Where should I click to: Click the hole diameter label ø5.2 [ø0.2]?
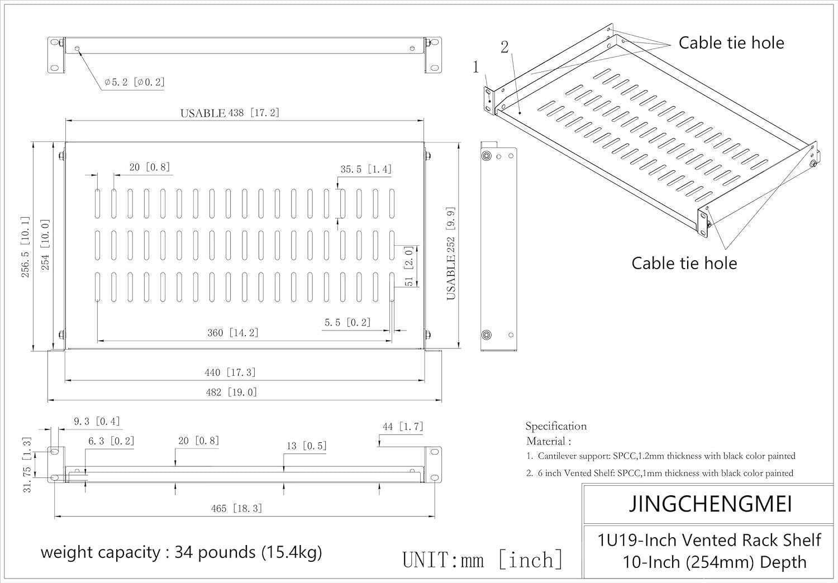tap(134, 82)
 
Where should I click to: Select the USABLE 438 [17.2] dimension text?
tap(230, 113)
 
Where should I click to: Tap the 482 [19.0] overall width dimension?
tap(231, 392)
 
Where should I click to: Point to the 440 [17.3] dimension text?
tap(230, 372)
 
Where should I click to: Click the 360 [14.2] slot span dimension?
tap(233, 333)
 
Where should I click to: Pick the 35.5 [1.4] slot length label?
tap(366, 169)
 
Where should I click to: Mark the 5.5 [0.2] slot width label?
tap(347, 323)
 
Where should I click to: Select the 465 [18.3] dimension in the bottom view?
tap(236, 508)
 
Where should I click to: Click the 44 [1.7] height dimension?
tap(403, 427)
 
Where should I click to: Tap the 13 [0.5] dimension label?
tap(306, 446)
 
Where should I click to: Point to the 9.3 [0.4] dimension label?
tap(97, 422)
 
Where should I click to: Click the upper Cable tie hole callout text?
tap(731, 43)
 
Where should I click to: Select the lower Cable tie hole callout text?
tap(684, 263)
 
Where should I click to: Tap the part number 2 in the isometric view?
tap(504, 47)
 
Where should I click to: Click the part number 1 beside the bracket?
tap(476, 68)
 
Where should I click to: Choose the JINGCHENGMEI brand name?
tap(710, 504)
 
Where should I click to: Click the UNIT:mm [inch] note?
tap(483, 560)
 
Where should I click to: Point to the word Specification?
tap(556, 426)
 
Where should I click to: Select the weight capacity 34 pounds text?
tap(181, 552)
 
